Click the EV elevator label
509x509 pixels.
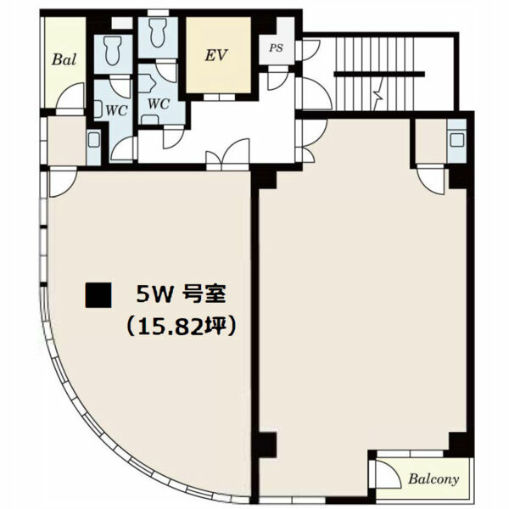[216, 55]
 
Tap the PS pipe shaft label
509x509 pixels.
[276, 48]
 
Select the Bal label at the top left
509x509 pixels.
[64, 59]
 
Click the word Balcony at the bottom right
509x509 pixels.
[433, 478]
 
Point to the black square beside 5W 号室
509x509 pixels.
[98, 295]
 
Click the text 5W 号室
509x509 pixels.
[181, 294]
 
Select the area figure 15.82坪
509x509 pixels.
[181, 327]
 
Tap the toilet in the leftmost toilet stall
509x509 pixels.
[113, 50]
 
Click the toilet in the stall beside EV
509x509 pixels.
[157, 32]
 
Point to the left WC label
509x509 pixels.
[116, 111]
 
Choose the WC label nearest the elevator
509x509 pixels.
[159, 103]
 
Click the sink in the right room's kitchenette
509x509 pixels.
[457, 140]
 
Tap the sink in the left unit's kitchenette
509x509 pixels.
[93, 140]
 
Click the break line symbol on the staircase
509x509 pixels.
[379, 94]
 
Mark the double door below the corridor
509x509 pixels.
[228, 155]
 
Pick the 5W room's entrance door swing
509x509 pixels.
[63, 182]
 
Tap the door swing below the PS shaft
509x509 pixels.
[277, 79]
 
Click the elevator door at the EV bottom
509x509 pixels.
[220, 97]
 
